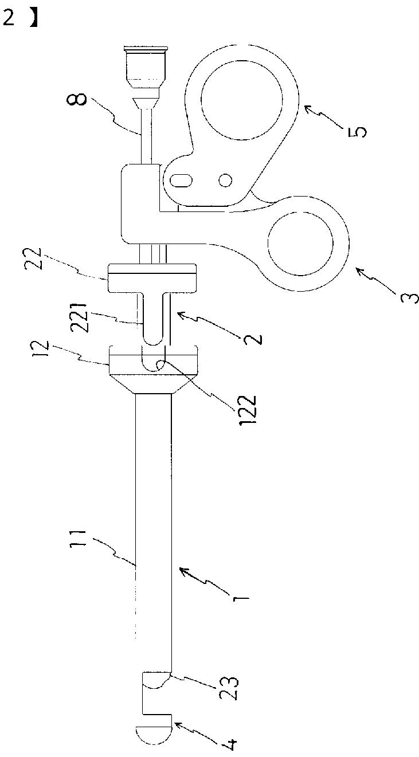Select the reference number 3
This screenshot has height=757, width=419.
(408, 296)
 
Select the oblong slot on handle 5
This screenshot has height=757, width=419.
(182, 180)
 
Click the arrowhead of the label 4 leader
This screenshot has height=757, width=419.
(176, 724)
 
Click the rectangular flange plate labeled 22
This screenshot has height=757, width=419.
(152, 277)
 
